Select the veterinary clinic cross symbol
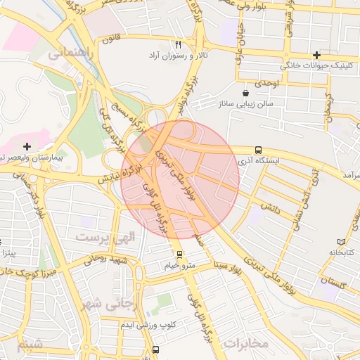317,55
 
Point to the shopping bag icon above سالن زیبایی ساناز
245,93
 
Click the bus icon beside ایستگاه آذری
259,150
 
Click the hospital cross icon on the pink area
27,147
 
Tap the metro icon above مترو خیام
180,255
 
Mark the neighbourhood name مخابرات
246,343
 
